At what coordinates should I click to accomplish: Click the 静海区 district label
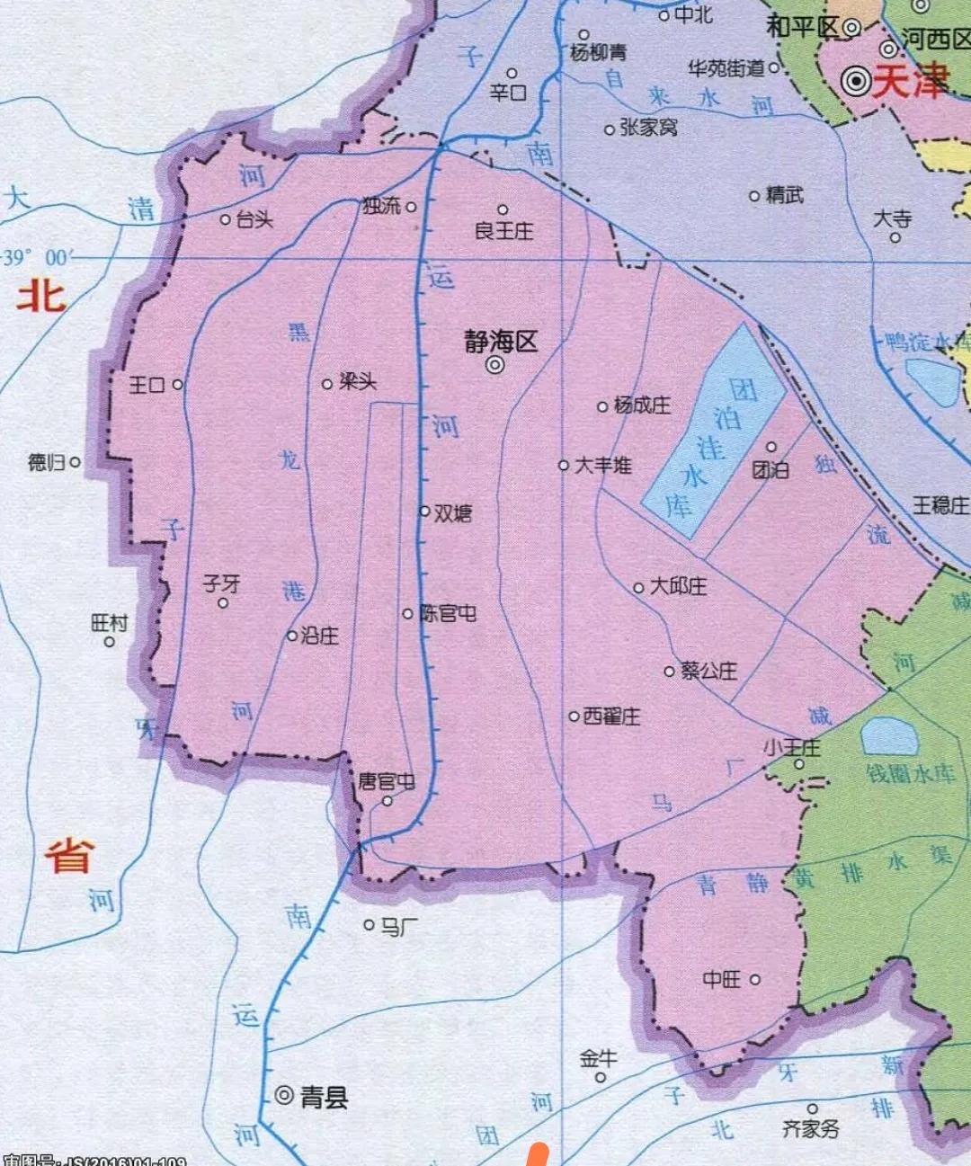(x=501, y=342)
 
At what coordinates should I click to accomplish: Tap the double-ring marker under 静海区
(x=494, y=365)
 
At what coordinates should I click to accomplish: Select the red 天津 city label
(x=910, y=83)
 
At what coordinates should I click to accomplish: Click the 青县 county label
(x=324, y=1097)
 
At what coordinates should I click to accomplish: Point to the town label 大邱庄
(x=678, y=586)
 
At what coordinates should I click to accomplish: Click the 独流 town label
(x=381, y=206)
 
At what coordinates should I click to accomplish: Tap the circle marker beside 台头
(x=226, y=219)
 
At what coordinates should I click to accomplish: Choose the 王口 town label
(x=147, y=385)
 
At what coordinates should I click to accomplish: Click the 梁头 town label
(x=358, y=382)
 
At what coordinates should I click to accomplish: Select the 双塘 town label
(x=453, y=512)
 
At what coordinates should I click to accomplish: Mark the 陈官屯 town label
(x=448, y=613)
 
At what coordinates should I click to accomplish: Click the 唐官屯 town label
(x=387, y=781)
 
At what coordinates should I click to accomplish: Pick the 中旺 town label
(x=722, y=979)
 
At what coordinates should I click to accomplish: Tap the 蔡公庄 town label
(x=708, y=671)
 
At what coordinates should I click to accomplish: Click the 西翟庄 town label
(x=611, y=717)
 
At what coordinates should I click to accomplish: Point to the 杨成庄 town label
(x=642, y=405)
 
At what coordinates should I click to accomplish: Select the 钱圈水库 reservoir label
(x=911, y=773)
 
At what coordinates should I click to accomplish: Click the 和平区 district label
(x=802, y=27)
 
